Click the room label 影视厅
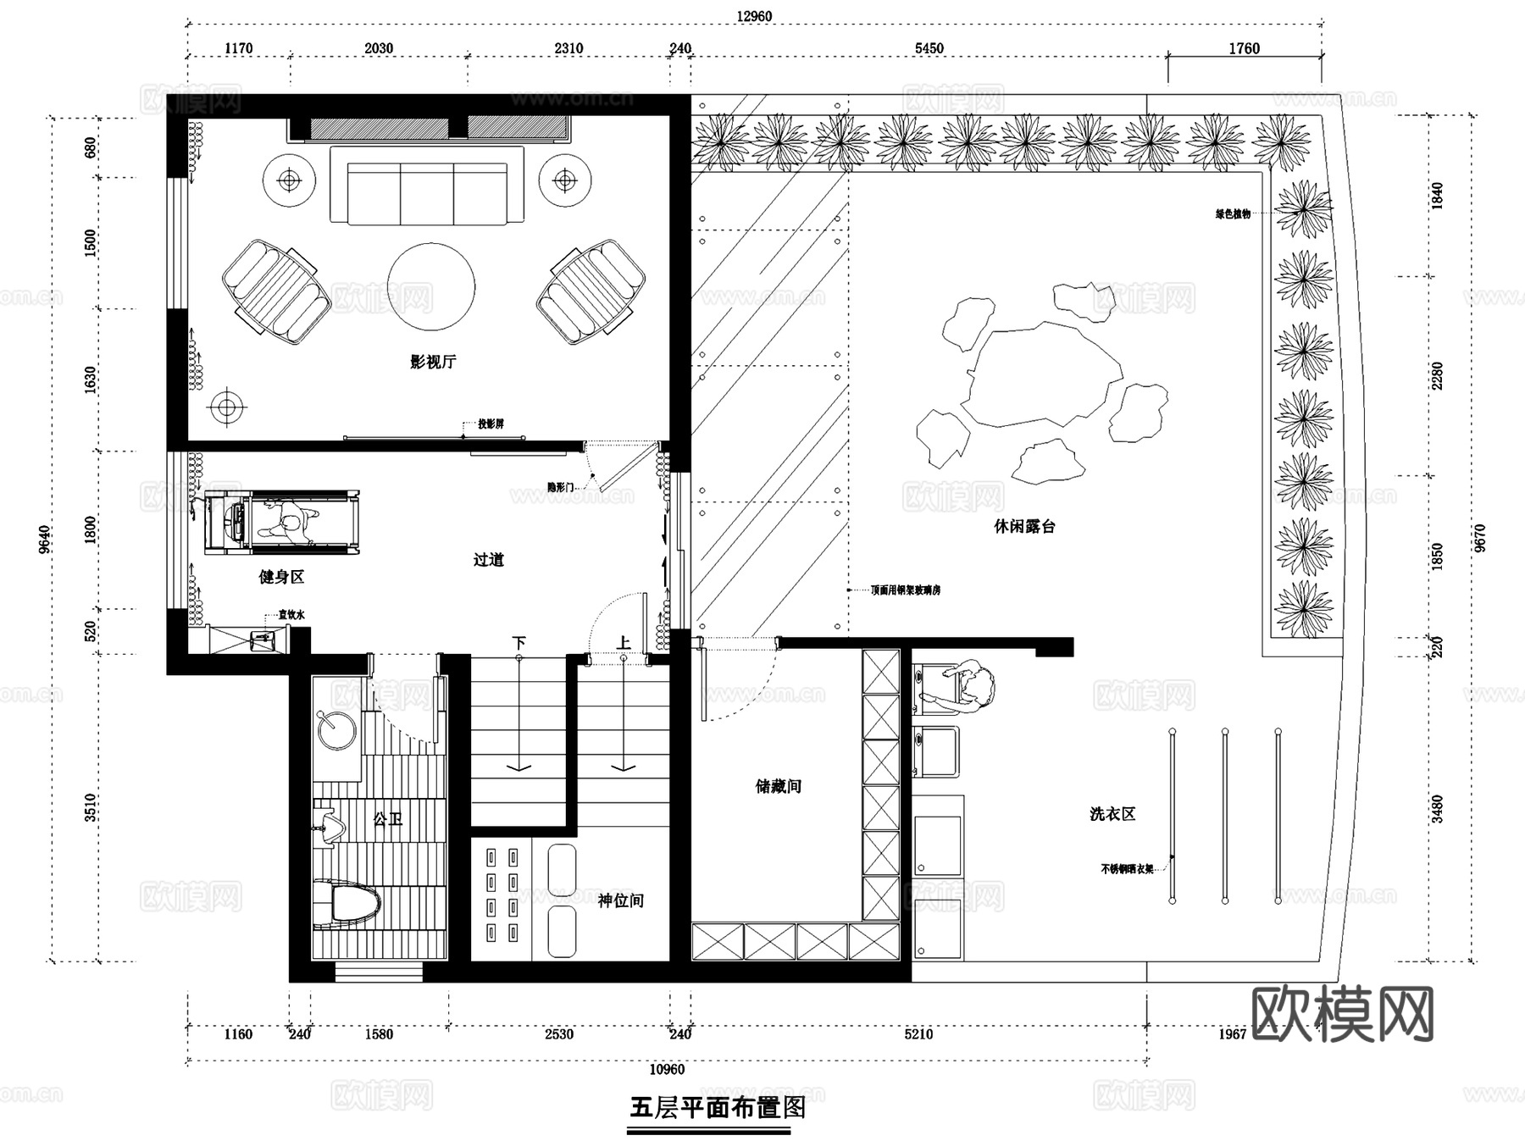point(433,362)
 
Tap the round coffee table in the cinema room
point(430,287)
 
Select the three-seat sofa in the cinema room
point(426,186)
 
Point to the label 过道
point(488,560)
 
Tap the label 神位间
point(620,900)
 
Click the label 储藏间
point(778,786)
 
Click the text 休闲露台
point(1024,526)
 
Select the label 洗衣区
point(1112,814)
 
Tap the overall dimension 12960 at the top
point(753,16)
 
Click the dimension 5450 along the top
point(929,48)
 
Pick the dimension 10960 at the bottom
point(666,1070)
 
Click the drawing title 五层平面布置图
point(717,1107)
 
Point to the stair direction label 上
point(623,643)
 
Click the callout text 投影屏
point(491,424)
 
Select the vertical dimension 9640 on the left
point(45,539)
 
